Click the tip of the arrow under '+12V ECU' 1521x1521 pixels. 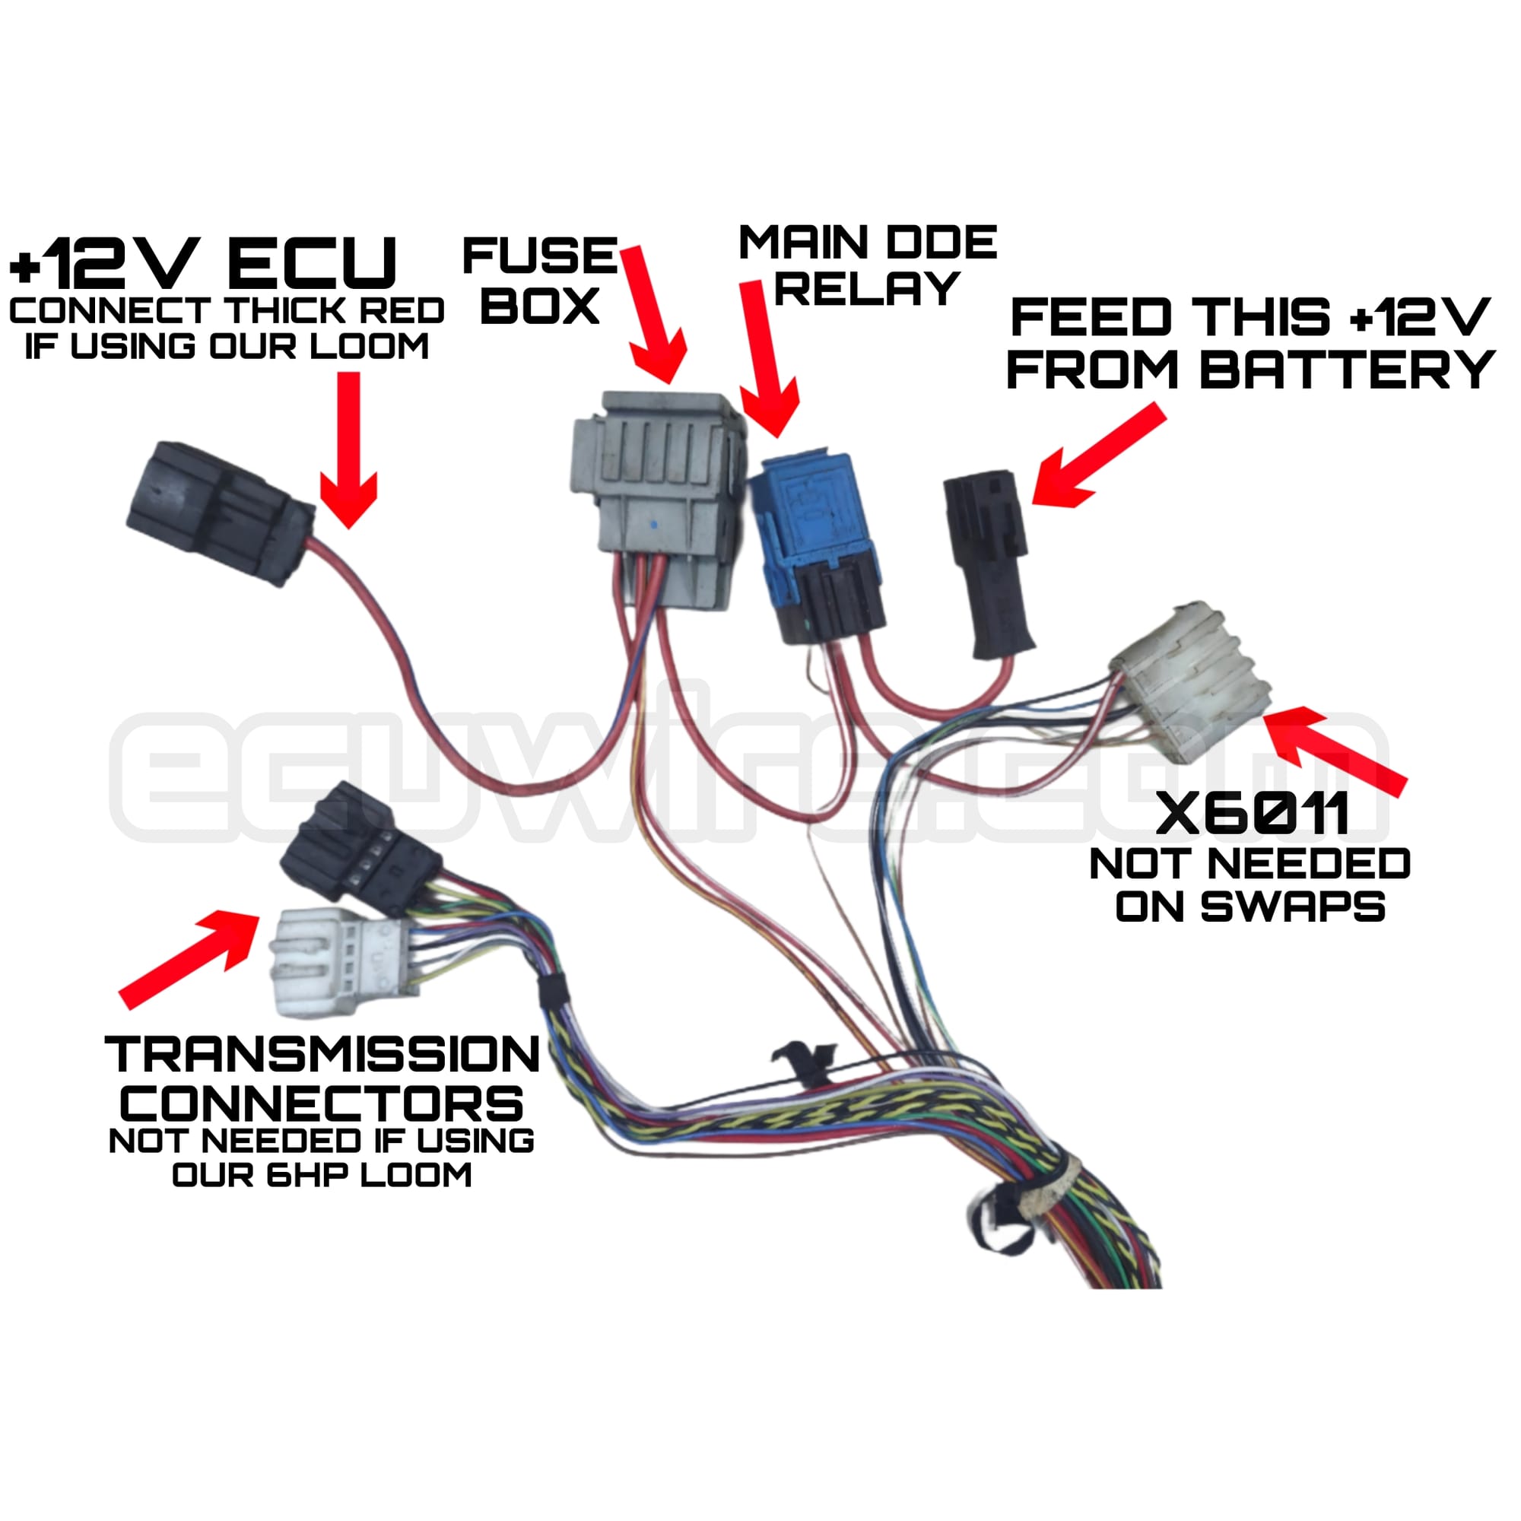tap(349, 528)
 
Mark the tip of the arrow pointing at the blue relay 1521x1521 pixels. tap(780, 437)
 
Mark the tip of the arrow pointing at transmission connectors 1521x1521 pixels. tap(260, 916)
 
